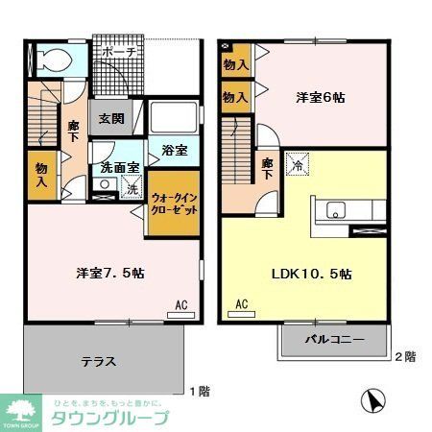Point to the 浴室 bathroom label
click(174, 151)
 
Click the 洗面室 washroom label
click(121, 168)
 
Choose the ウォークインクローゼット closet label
click(174, 203)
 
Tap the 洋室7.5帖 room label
click(110, 273)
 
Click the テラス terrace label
click(99, 362)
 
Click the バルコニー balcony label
click(334, 340)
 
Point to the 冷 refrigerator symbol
click(297, 164)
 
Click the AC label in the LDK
click(241, 305)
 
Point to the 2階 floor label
click(405, 357)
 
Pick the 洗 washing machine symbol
click(132, 188)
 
